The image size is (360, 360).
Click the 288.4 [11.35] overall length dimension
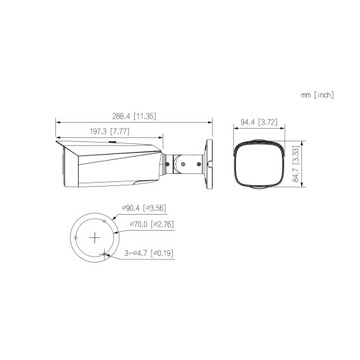click(135, 116)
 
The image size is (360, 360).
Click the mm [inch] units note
click(317, 95)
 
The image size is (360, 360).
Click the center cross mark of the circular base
click(96, 237)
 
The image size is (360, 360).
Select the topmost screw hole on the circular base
click(105, 220)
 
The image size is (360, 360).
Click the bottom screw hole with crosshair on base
click(105, 253)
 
